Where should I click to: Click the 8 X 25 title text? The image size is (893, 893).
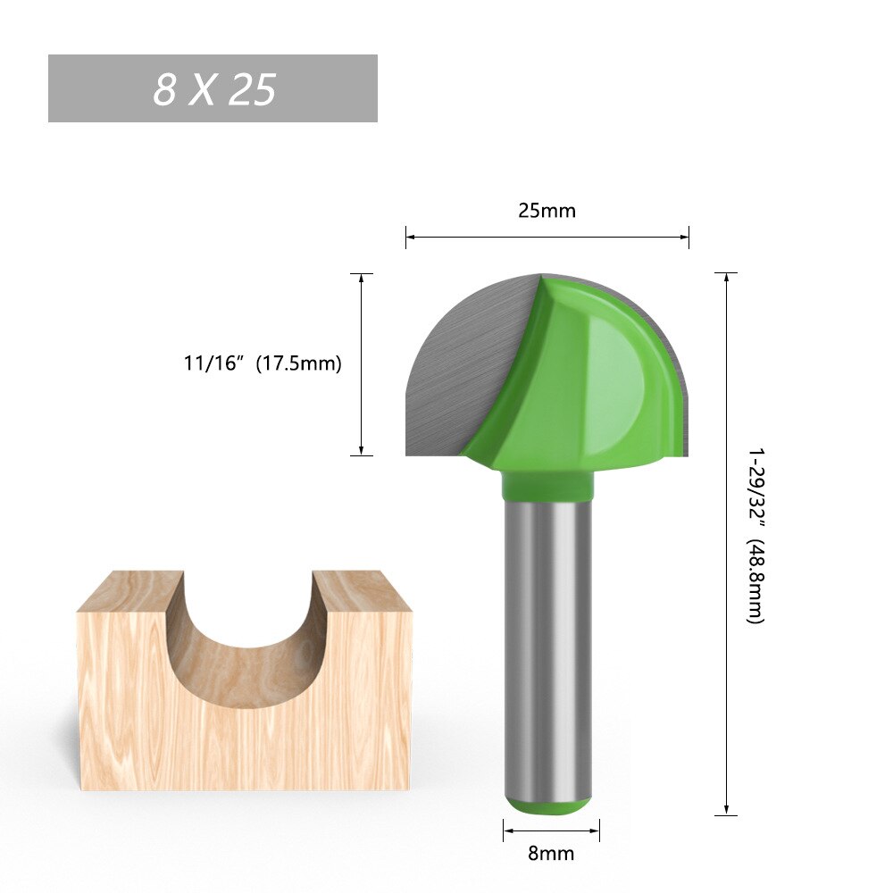(213, 89)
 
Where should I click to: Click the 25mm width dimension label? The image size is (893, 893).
(547, 211)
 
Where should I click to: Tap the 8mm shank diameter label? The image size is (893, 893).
(551, 853)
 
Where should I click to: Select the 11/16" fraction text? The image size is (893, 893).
(213, 363)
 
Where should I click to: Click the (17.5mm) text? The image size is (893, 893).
(298, 363)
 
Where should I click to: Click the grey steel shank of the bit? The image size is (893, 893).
(547, 643)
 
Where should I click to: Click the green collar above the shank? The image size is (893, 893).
(547, 485)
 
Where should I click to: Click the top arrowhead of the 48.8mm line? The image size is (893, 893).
(727, 278)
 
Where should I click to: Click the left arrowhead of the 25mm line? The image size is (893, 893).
(411, 237)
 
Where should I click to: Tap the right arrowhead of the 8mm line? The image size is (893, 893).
(595, 830)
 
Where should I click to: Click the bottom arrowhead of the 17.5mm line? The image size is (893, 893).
(361, 450)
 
